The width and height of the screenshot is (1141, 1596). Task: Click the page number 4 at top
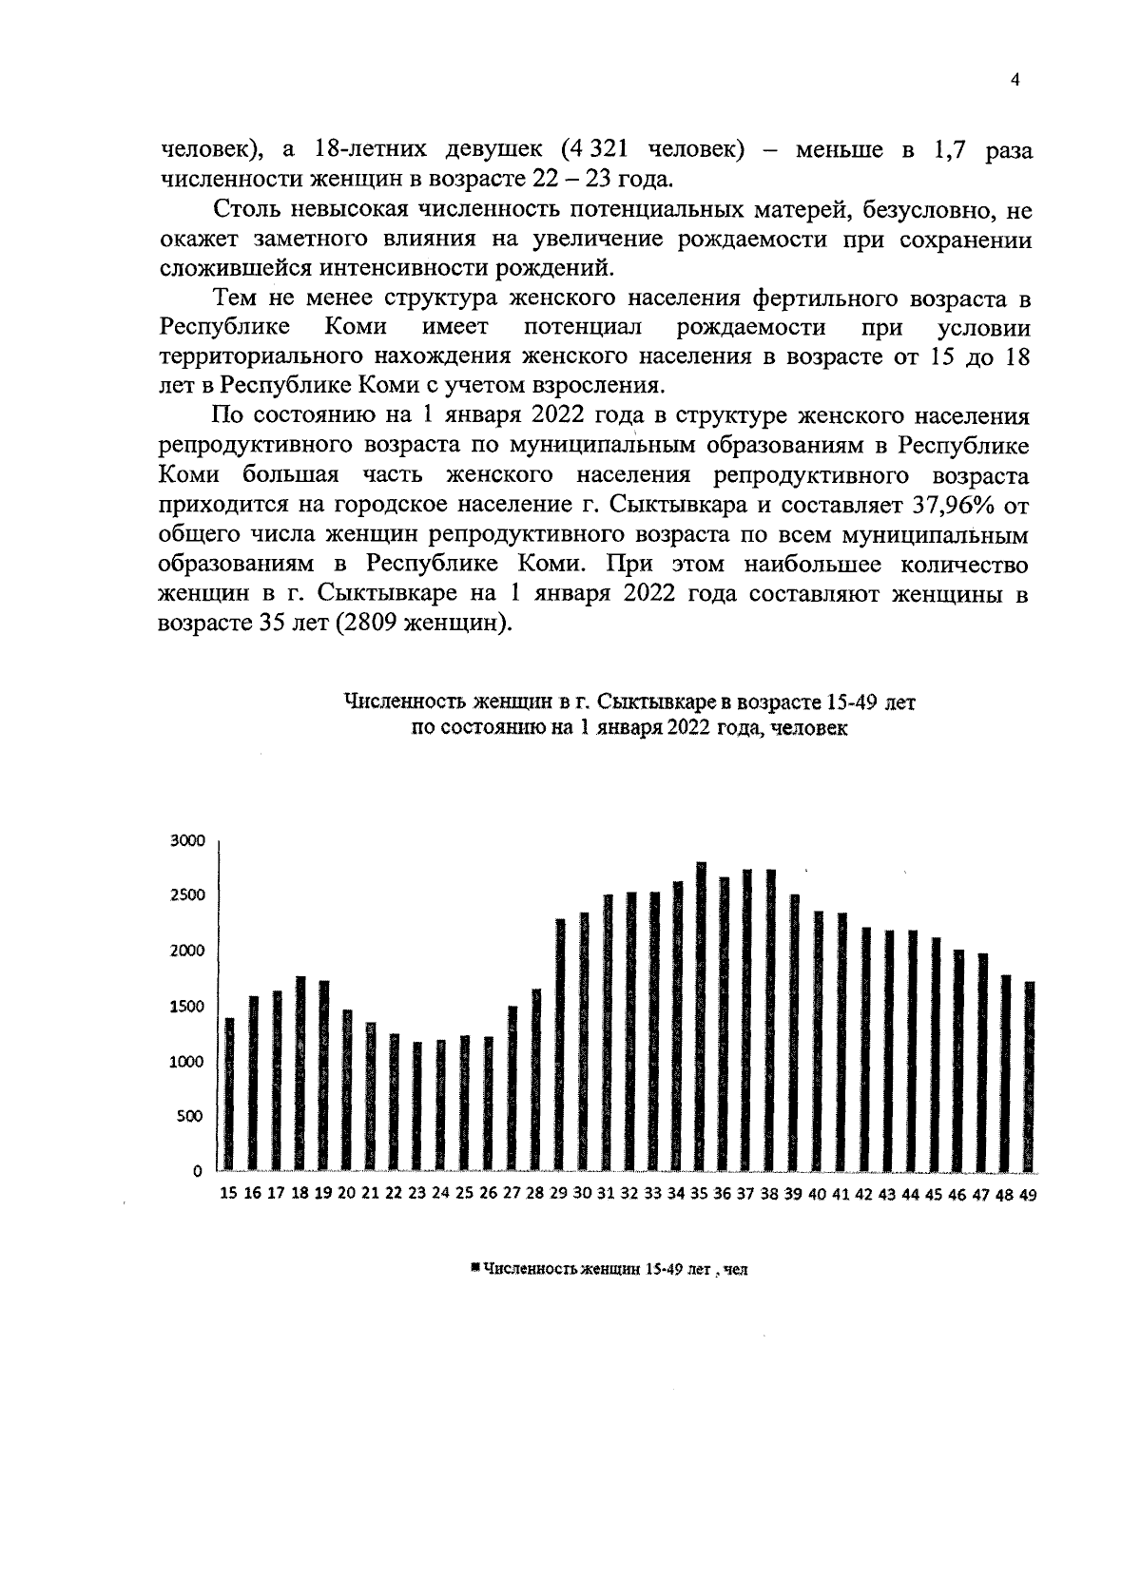[1015, 82]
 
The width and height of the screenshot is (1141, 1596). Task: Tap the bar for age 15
[229, 1093]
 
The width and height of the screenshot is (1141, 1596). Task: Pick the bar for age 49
[1029, 1075]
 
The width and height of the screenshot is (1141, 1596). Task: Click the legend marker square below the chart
[474, 1267]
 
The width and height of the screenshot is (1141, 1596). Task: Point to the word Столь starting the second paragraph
[246, 209]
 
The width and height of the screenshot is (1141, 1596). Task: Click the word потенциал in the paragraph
[583, 328]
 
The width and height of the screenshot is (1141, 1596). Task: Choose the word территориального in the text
[280, 357]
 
